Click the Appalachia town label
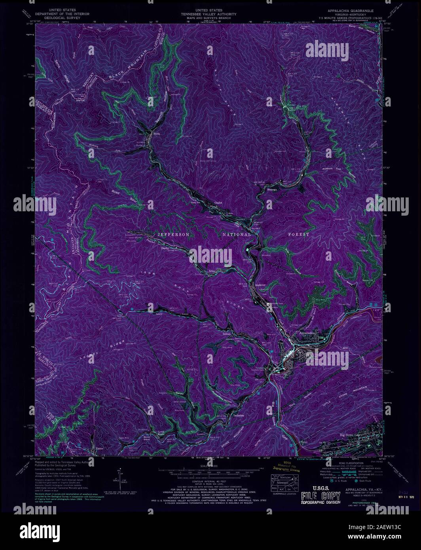point(307,333)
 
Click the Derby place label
point(165,248)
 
